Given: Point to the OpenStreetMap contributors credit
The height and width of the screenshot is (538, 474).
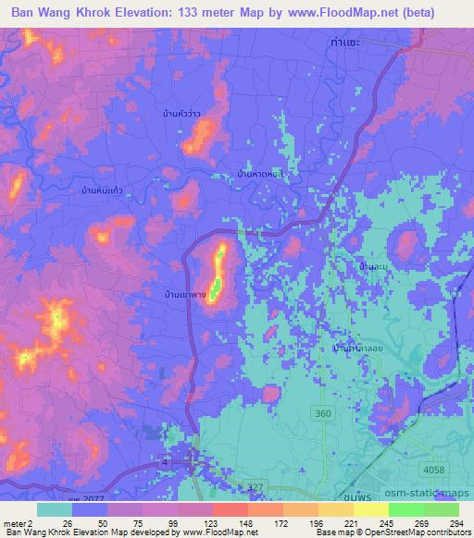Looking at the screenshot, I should (x=419, y=532).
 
